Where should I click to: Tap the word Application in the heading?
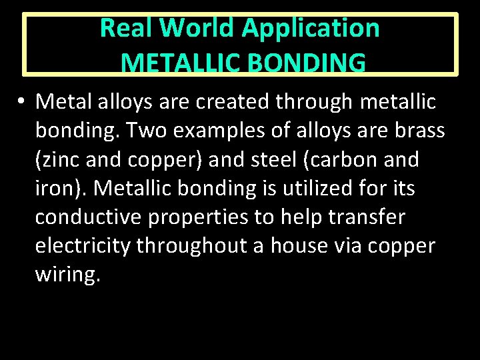[311, 28]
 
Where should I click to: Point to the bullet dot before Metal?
[22, 102]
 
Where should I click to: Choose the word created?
[234, 102]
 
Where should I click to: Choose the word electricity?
[83, 247]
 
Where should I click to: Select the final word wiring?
[67, 275]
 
